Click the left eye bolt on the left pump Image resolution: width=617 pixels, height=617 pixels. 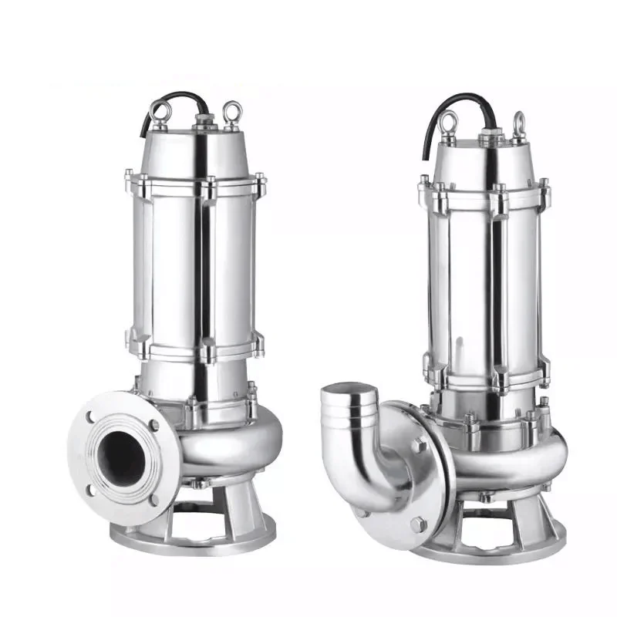coord(159,113)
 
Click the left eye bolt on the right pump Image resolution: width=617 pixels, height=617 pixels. coord(449,122)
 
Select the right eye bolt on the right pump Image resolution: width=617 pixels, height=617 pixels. coord(519,123)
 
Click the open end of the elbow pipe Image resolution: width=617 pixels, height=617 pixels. coord(351,401)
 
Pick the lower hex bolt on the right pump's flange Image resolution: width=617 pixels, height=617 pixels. coord(417,524)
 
